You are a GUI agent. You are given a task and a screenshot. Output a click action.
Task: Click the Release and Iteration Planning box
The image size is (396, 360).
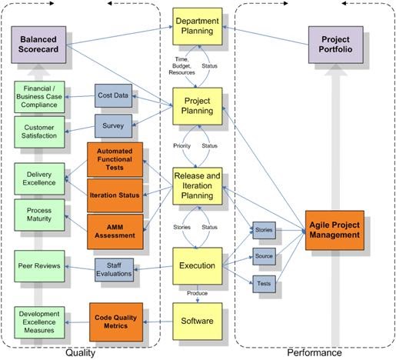pos(197,187)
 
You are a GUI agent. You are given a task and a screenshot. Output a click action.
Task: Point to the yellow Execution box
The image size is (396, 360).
pos(197,265)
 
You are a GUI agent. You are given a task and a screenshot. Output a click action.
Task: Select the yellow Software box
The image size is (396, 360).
pos(197,316)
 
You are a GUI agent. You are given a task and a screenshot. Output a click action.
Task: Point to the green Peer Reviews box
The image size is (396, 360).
pos(38,267)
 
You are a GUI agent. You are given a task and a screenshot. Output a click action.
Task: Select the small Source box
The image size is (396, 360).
pos(264,256)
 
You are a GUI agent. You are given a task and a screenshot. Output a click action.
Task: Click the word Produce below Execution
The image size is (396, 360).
pos(197,293)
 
